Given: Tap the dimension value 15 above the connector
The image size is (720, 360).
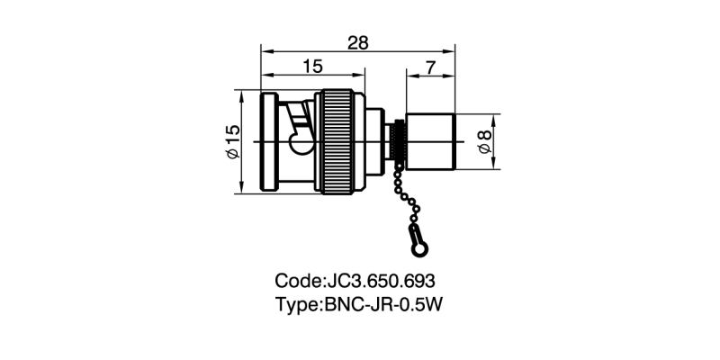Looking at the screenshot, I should point(312,66).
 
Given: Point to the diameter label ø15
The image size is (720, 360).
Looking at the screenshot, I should point(232,142).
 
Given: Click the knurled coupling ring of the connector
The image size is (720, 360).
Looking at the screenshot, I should point(342,142).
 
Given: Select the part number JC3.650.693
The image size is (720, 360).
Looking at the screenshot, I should point(383,281).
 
